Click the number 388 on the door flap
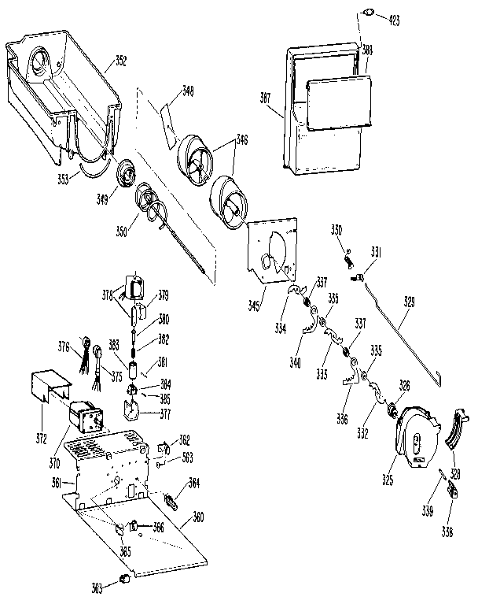[367, 50]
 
